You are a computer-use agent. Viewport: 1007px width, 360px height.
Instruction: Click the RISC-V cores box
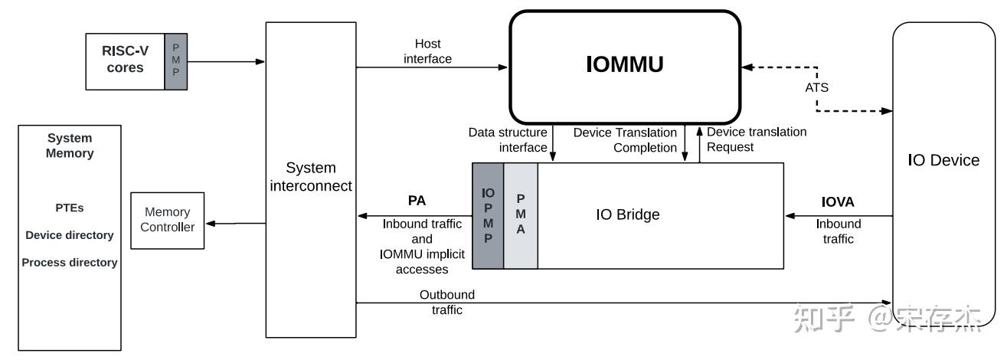(124, 61)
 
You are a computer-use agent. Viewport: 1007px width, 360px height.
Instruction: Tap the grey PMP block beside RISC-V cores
(175, 61)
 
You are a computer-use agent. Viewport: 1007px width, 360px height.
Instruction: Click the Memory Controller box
(167, 220)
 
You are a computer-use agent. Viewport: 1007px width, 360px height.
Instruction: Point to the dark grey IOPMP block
(487, 216)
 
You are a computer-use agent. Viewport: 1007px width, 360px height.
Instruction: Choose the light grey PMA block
(521, 216)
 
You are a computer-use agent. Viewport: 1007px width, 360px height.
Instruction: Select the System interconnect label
(310, 176)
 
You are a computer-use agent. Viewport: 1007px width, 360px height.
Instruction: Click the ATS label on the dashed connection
(817, 87)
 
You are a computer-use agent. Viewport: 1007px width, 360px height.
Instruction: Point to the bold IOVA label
(838, 202)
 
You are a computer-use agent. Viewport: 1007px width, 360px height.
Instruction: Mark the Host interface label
(427, 51)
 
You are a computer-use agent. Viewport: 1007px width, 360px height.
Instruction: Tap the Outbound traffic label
(446, 303)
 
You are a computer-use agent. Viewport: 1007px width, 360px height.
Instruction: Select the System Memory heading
(70, 146)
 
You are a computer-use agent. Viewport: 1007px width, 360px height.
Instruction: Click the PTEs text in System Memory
(70, 208)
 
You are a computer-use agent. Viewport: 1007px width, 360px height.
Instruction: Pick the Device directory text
(70, 235)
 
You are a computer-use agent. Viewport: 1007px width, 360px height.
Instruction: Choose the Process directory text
(70, 263)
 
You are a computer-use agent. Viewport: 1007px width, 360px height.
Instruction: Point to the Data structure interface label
(508, 139)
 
